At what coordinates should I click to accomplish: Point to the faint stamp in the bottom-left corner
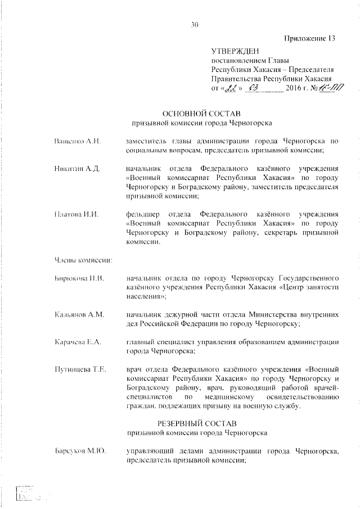(x=26, y=494)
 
